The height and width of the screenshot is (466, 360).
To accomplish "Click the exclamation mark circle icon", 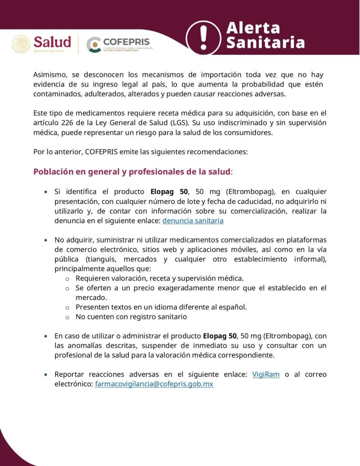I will tap(203, 35).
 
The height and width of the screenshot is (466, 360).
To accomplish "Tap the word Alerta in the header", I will tap(254, 28).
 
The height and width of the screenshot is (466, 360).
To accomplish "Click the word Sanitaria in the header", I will tap(266, 43).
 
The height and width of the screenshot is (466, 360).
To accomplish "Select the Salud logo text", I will tap(52, 42).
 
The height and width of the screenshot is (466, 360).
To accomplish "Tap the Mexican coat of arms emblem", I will tap(21, 44).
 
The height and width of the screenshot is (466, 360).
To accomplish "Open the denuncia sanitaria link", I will tap(193, 221).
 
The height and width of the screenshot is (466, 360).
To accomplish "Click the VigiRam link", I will tap(266, 375).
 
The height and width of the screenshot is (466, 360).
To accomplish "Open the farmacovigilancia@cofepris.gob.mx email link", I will tap(154, 384).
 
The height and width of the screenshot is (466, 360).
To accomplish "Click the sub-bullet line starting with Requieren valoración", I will tap(159, 278).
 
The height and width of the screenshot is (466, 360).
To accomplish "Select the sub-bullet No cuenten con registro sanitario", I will tap(131, 317).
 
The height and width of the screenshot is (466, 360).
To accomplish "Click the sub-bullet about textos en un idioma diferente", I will tap(161, 307).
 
